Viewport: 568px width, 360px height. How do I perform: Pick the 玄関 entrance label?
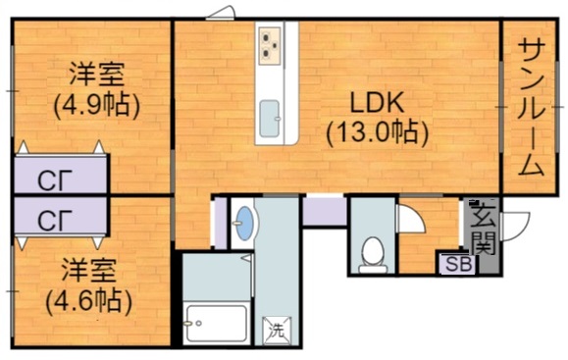483,227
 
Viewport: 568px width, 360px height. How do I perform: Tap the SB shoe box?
457,263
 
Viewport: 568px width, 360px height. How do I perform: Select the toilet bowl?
372,252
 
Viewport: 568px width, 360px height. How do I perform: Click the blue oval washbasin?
243,225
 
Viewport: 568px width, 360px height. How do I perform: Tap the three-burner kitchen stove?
272,44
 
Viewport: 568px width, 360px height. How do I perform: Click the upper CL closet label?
48,180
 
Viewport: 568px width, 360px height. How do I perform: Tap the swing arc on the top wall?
221,13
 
